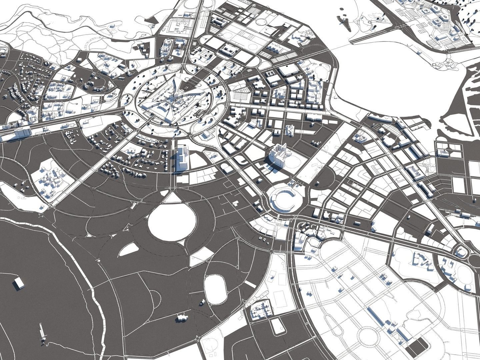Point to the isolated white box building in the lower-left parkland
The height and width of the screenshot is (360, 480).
tap(19, 284)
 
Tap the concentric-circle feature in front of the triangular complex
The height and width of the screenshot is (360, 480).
tap(187, 87)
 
